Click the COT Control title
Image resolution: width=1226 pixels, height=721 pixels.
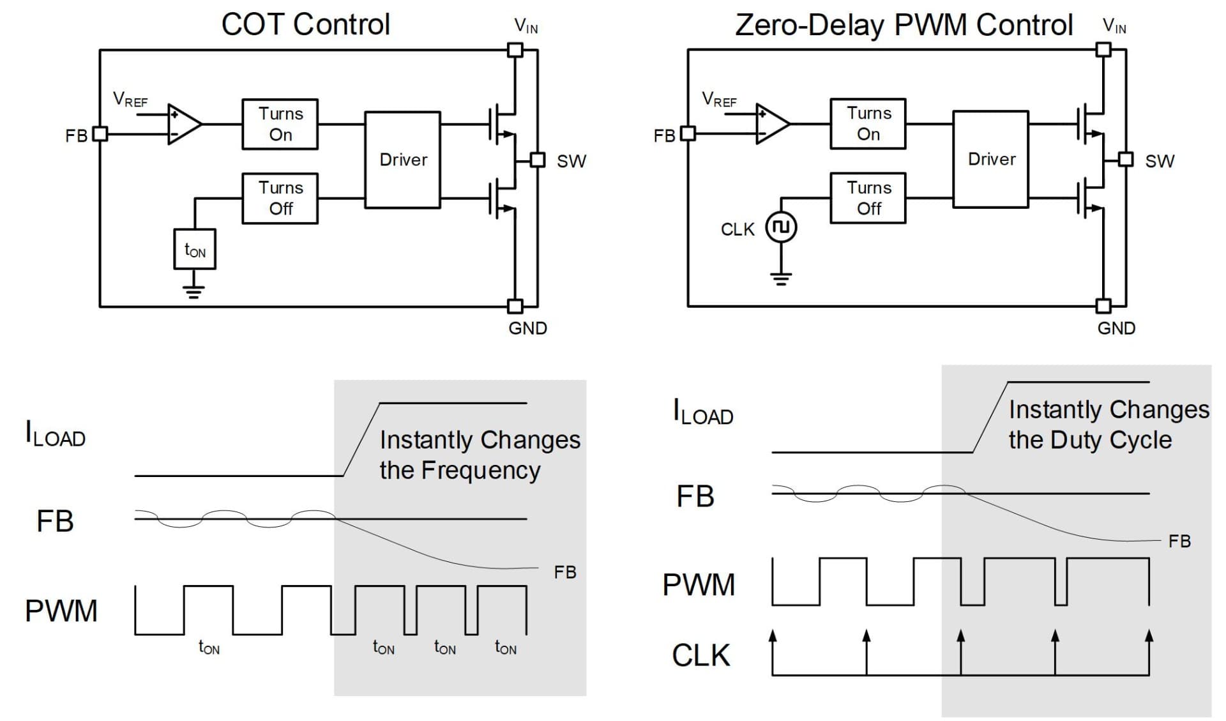tap(305, 25)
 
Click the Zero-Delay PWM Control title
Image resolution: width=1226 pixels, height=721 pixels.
tap(904, 25)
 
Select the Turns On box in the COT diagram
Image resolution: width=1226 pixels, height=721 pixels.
tap(280, 124)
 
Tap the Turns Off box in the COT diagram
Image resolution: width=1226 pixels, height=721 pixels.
tap(280, 198)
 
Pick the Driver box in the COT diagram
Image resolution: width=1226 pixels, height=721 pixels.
tap(402, 160)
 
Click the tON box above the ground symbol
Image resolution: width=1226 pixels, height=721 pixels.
tap(195, 249)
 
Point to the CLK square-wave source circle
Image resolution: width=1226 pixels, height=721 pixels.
tap(781, 227)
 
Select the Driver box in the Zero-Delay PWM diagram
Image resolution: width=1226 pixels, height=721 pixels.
tap(990, 159)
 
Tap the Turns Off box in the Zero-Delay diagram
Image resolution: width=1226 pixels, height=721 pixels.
tap(868, 198)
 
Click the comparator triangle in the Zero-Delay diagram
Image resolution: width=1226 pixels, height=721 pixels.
tap(771, 124)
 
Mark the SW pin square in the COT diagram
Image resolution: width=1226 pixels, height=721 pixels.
tap(538, 160)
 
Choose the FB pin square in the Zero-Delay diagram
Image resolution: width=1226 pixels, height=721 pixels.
tap(688, 133)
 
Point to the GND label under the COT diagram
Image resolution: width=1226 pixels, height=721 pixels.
tap(527, 328)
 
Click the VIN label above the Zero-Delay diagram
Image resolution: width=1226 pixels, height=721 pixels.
tap(1114, 26)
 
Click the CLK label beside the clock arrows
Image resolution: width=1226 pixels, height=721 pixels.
tap(700, 655)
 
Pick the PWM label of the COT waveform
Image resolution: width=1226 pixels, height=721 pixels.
tap(61, 611)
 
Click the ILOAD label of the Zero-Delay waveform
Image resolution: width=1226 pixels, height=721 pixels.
tap(702, 412)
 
